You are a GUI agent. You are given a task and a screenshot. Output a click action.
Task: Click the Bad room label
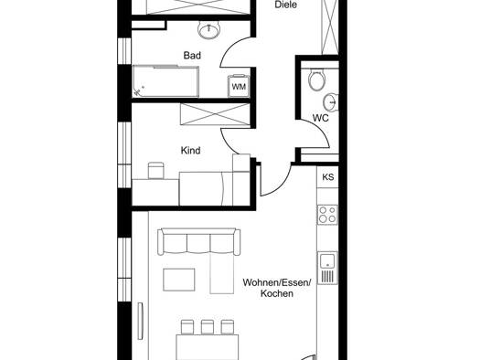click(x=192, y=56)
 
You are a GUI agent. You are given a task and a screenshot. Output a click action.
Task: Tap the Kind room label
click(x=191, y=151)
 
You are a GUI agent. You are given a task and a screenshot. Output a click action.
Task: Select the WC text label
click(x=321, y=118)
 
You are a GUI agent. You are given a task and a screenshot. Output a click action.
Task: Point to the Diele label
click(x=285, y=5)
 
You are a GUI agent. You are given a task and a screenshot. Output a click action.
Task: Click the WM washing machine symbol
click(x=239, y=86)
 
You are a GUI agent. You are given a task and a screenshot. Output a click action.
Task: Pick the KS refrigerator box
click(x=327, y=177)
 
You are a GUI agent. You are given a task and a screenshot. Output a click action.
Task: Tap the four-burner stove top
click(x=327, y=215)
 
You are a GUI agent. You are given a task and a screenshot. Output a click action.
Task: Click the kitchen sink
click(x=327, y=268)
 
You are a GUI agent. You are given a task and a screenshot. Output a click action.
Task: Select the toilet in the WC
click(x=316, y=80)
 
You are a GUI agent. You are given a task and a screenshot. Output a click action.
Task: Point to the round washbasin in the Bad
click(x=208, y=29)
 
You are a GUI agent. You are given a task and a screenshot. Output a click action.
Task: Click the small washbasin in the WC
click(x=331, y=101)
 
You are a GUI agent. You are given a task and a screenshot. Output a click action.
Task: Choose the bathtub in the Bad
click(x=165, y=81)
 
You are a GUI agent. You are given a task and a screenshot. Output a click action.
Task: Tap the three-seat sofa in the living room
click(x=198, y=241)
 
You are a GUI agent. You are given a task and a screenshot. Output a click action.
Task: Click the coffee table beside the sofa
click(x=179, y=280)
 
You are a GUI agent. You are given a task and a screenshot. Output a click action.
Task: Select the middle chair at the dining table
click(x=208, y=327)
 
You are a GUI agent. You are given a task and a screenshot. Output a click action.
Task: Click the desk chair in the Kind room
click(x=155, y=170)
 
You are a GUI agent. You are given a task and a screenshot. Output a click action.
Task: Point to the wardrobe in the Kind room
click(x=215, y=114)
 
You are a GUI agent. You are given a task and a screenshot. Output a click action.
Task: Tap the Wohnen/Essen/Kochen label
click(x=277, y=288)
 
